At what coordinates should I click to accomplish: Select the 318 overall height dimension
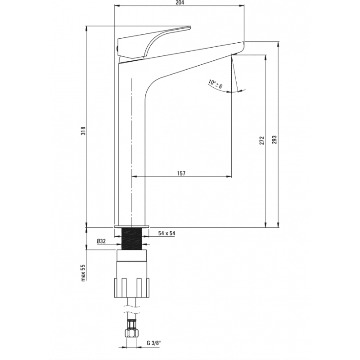coord(83,131)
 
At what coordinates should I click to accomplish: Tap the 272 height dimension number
coord(262,140)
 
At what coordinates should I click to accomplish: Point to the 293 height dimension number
coord(274,140)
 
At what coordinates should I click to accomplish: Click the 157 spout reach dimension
coord(181,173)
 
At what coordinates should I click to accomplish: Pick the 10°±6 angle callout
coord(216,84)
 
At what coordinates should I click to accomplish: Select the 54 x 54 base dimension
coord(166,234)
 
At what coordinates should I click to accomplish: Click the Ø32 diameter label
coord(101,241)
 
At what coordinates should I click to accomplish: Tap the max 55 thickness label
coord(83,273)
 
